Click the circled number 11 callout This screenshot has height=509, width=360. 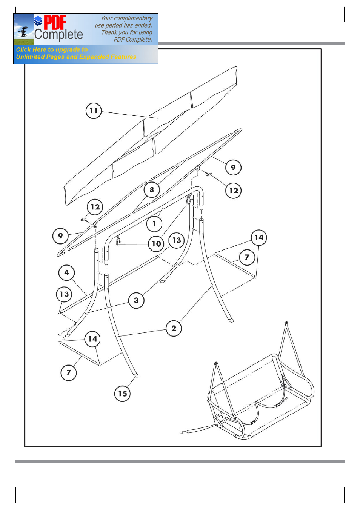coord(94,111)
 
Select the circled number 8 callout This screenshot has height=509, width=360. coord(152,189)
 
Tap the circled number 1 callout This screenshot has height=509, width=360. coord(154,224)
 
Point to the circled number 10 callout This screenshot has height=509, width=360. coord(156,244)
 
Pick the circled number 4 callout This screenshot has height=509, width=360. coord(66,272)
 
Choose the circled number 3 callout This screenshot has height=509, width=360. coord(136,300)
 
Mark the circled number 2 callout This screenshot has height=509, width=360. coord(174,328)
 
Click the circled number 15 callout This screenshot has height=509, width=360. coord(123,393)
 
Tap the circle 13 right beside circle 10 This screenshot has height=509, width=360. coord(177,240)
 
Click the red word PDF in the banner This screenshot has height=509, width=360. coord(55,22)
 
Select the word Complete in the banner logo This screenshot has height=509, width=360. coord(58,35)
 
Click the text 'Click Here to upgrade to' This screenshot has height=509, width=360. coord(52,49)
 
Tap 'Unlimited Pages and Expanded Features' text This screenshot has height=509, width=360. coord(76,57)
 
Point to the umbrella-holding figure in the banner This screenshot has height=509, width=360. coord(23,32)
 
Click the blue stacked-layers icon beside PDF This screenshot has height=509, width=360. coord(38,21)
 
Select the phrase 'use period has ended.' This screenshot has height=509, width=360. coord(123,25)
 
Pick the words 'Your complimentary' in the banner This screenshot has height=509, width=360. coord(126,18)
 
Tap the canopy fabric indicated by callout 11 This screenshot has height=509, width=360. coord(151,136)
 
